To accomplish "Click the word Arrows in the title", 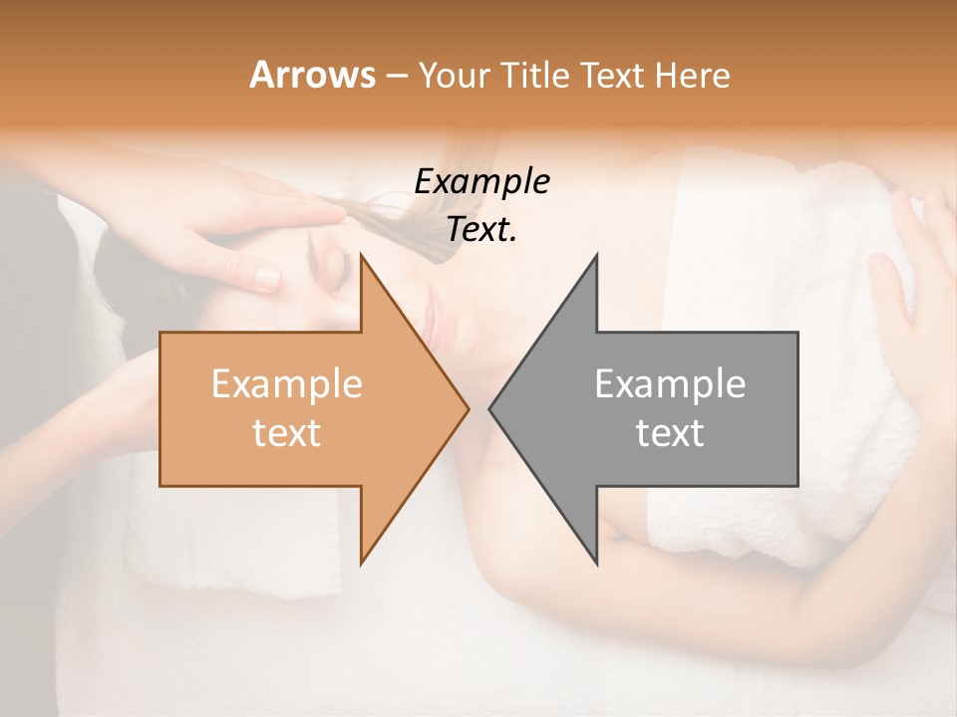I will coord(312,75).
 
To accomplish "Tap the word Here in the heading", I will coord(693,75).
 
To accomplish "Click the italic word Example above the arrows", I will coord(481,182).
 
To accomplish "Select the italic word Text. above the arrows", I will coord(481,229).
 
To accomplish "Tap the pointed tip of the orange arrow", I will coord(466,408).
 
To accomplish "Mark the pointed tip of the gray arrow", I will coord(492,408).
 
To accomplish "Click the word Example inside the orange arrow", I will coord(287,384).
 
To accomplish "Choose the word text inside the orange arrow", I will coord(287,433).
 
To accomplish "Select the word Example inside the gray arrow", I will coord(670,384).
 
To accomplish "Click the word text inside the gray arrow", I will coord(670,433).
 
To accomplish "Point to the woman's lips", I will coord(431,321).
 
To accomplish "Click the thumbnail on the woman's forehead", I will coord(267,276).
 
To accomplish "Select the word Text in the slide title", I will coord(610,75).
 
